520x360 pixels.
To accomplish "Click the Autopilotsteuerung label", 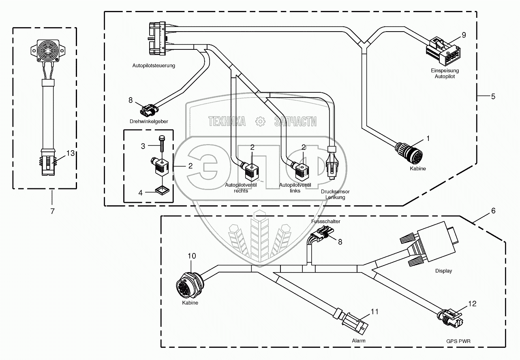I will pyautogui.click(x=154, y=65).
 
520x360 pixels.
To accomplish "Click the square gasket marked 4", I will pyautogui.click(x=162, y=190).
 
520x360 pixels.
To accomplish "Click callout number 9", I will pyautogui.click(x=464, y=35).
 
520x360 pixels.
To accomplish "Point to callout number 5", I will pyautogui.click(x=493, y=96).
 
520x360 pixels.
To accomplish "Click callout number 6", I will pyautogui.click(x=493, y=211).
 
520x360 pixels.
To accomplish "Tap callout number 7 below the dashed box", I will pyautogui.click(x=52, y=211).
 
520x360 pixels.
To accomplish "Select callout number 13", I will pyautogui.click(x=71, y=153).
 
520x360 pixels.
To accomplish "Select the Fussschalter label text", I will pyautogui.click(x=325, y=222).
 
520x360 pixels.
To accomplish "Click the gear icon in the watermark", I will pyautogui.click(x=260, y=121).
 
